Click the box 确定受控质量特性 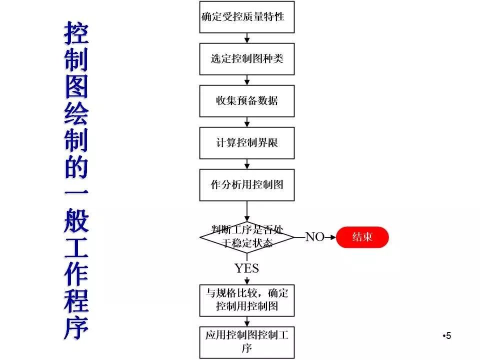[246, 17]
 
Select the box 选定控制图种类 [246, 59]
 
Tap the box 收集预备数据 [246, 101]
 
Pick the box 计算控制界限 [246, 143]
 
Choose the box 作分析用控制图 [246, 185]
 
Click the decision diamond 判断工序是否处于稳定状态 [246, 237]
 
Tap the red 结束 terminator [362, 237]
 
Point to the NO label [315, 237]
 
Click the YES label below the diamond [246, 268]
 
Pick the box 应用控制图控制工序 [246, 342]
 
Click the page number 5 [448, 335]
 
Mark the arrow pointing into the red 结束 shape [330, 237]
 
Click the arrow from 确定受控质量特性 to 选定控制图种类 [246, 38]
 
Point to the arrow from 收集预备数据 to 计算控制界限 [246, 122]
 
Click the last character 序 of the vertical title [76, 327]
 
